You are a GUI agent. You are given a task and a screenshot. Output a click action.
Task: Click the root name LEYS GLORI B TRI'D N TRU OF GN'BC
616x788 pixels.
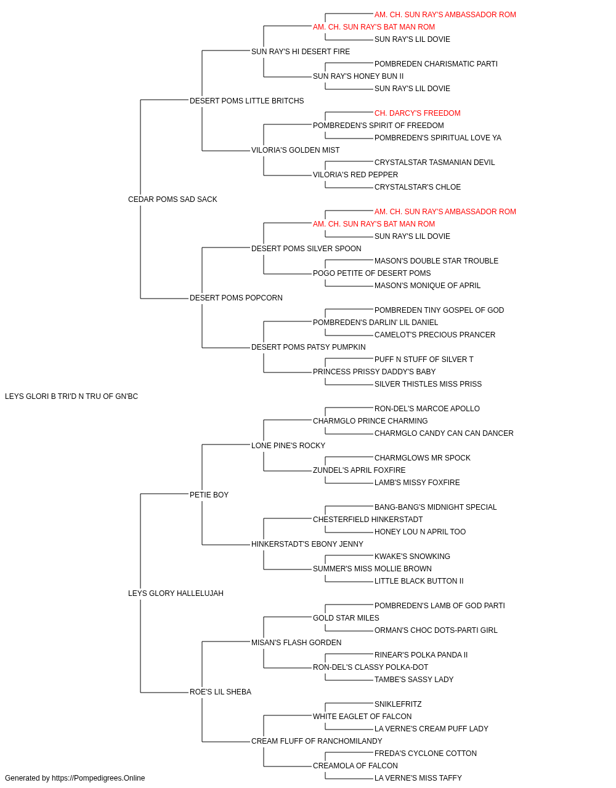click(x=71, y=396)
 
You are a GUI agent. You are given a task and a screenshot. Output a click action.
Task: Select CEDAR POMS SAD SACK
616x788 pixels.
click(x=172, y=199)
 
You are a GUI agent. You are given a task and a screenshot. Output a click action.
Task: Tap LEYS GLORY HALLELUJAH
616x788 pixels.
click(x=176, y=593)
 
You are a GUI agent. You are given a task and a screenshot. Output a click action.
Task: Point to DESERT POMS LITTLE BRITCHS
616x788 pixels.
click(x=246, y=101)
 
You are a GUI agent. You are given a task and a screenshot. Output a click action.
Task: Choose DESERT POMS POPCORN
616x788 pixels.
click(x=236, y=298)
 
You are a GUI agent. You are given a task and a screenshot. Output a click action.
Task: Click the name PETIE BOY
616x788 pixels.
click(x=209, y=495)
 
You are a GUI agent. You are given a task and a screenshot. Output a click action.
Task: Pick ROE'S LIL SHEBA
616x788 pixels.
click(x=220, y=692)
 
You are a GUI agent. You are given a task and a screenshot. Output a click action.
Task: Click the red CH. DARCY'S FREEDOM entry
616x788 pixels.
click(x=417, y=113)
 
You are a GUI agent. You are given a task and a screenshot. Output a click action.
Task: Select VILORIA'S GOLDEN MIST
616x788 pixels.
click(x=295, y=150)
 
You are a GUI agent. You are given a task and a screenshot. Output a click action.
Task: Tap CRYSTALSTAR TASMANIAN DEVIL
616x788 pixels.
click(x=434, y=163)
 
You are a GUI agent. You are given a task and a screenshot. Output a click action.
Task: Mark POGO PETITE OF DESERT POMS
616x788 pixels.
click(x=371, y=273)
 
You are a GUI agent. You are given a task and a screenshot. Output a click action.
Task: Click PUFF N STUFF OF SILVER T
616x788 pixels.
click(x=424, y=360)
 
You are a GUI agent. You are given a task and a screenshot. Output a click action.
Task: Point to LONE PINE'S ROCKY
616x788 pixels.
click(x=288, y=446)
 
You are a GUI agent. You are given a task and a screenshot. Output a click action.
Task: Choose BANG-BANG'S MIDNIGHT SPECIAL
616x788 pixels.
click(x=436, y=507)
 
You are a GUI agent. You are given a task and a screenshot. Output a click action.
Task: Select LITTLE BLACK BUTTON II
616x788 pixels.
click(x=419, y=581)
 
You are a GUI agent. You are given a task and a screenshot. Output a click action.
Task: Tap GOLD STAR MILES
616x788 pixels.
click(x=346, y=618)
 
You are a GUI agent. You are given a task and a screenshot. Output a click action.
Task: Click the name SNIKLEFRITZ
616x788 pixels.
click(x=397, y=704)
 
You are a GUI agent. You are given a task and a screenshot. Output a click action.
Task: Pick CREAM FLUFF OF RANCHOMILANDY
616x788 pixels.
click(x=317, y=741)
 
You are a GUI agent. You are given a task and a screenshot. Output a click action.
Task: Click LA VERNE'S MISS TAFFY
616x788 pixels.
click(x=418, y=778)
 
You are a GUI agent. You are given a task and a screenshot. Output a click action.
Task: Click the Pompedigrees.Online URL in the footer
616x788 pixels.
click(x=98, y=778)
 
